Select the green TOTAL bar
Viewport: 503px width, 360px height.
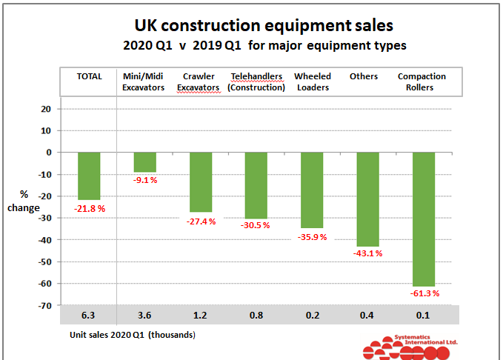(89, 176)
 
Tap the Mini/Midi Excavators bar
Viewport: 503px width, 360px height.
(144, 161)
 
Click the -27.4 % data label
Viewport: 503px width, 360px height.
(201, 221)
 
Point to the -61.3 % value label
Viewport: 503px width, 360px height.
(424, 294)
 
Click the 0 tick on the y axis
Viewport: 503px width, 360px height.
(47, 153)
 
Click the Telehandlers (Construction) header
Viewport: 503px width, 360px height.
(256, 82)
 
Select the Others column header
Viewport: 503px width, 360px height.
(364, 77)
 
